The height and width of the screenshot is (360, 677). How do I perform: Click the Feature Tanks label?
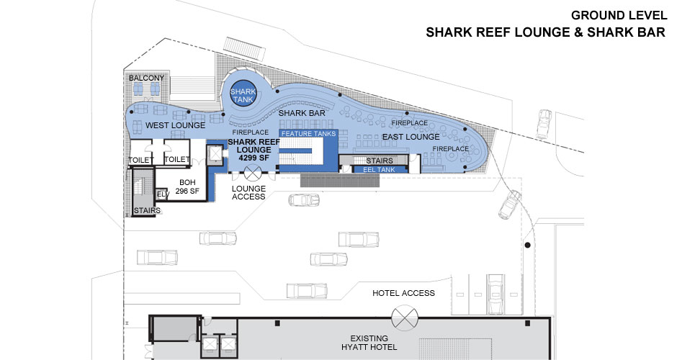pyautogui.click(x=308, y=134)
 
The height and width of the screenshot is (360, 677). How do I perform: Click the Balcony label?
pyautogui.click(x=146, y=78)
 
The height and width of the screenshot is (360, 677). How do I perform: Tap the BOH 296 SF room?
pyautogui.click(x=188, y=186)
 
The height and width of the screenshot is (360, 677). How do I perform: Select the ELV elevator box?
pyautogui.click(x=163, y=194)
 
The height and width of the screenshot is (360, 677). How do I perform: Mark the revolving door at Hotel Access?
pyautogui.click(x=404, y=315)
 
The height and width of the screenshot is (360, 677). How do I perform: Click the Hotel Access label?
pyautogui.click(x=403, y=293)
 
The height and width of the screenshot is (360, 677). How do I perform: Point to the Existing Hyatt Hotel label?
pyautogui.click(x=369, y=343)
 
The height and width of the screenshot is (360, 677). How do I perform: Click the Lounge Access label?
pyautogui.click(x=249, y=192)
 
